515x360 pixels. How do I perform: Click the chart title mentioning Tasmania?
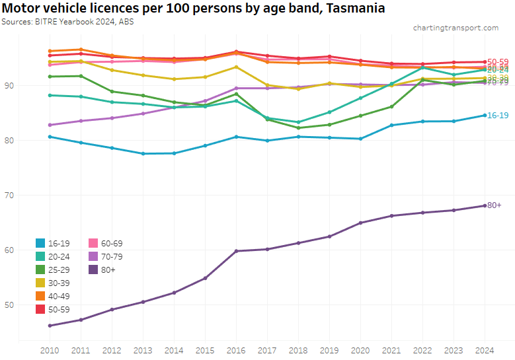coord(193,9)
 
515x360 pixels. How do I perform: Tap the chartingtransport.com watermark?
coord(456,28)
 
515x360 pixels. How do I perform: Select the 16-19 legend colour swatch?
coord(41,243)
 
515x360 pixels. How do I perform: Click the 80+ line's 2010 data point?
coord(49,326)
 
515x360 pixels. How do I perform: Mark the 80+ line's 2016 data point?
coord(236,251)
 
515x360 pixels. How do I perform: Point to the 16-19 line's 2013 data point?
coord(143,154)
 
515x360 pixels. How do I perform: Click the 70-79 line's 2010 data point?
coord(49,125)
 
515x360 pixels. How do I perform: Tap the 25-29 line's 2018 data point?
coord(298,127)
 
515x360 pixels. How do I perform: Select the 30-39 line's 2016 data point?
coord(236,67)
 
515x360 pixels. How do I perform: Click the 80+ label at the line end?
coord(494,205)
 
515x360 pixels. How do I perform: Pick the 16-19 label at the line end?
coord(497,115)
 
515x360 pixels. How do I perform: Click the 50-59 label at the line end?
coord(497,62)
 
